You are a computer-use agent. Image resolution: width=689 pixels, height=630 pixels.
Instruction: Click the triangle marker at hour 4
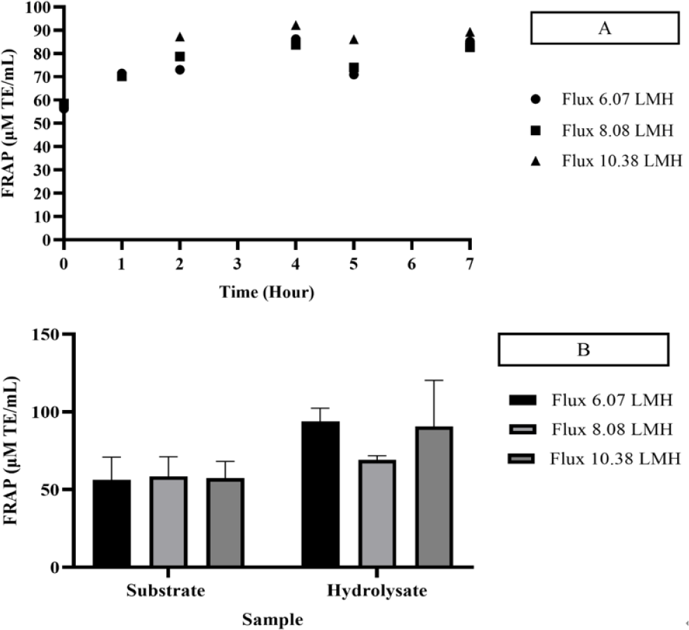(x=296, y=26)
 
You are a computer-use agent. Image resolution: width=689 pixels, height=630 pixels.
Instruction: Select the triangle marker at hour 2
(x=180, y=37)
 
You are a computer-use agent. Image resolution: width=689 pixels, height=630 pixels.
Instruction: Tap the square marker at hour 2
(x=180, y=56)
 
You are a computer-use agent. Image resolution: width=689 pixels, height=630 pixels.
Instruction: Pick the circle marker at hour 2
(x=180, y=70)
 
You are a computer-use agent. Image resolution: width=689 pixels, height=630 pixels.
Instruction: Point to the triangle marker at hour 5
(x=354, y=40)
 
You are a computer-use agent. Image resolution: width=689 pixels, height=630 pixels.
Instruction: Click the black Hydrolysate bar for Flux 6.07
(x=320, y=494)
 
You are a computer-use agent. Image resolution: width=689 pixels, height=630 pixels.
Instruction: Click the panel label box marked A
(x=604, y=29)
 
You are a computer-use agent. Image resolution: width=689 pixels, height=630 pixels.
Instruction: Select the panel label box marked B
(x=583, y=349)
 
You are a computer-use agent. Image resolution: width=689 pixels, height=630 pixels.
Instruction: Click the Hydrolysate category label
(x=377, y=592)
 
